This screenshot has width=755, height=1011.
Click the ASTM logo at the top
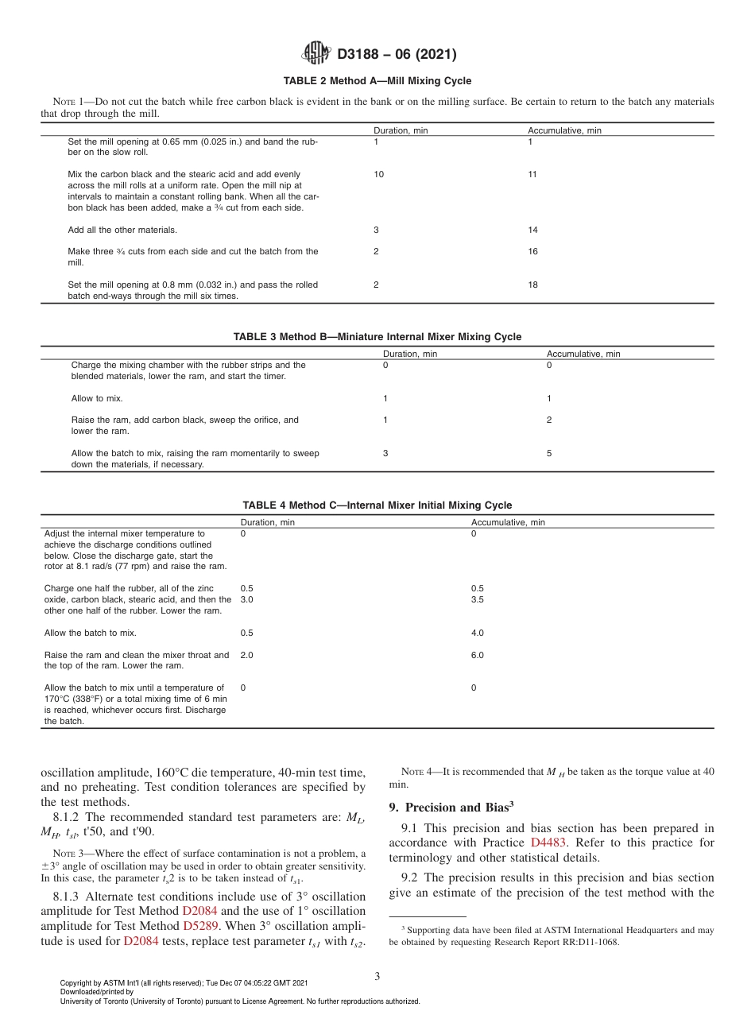pos(316,54)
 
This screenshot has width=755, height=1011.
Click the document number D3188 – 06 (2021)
pos(397,55)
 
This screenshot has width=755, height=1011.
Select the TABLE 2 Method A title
pos(377,81)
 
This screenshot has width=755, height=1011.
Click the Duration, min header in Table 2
pos(401,130)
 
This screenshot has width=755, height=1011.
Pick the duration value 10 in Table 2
pos(378,174)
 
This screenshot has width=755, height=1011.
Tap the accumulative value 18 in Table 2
pos(532,285)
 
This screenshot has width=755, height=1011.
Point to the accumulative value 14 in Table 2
pos(532,230)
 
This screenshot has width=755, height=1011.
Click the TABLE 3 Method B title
pos(377,337)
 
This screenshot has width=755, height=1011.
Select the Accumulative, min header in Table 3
pos(583,354)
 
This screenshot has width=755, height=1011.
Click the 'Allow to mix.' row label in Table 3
pos(97,398)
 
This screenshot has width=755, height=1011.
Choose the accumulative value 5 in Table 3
pos(549,453)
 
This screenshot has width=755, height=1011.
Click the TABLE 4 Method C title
pos(377,505)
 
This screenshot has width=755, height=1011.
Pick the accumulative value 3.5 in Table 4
pos(478,600)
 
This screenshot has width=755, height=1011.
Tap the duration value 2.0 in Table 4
pos(246,656)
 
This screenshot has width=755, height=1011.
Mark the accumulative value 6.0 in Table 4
pos(478,656)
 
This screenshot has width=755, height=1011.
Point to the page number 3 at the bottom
pos(377,976)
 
